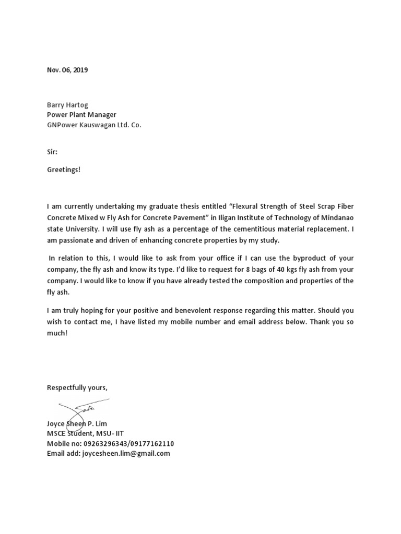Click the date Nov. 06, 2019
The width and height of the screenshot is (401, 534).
coord(67,70)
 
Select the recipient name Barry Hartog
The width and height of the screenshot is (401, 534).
coord(68,104)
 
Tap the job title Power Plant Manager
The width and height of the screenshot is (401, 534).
coord(81,115)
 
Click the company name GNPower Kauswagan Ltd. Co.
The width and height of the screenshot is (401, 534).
coord(94,125)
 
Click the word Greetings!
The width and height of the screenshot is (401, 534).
coord(64,169)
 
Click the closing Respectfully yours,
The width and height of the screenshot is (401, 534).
coord(77,387)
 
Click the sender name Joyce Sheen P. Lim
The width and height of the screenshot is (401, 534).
coord(77,423)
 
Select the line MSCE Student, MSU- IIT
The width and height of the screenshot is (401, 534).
coord(85,433)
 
